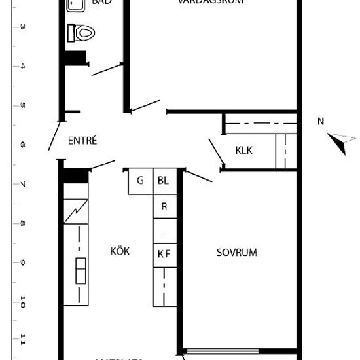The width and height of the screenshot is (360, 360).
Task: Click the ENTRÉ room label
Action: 82,140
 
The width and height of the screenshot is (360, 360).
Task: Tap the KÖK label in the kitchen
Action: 119,251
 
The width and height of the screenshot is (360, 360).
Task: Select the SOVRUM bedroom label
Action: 236,252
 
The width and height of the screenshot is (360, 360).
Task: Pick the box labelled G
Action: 140,181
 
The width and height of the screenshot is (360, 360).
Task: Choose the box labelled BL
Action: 162,181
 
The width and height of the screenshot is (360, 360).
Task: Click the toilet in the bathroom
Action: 83,32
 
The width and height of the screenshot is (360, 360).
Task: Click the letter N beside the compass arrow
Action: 321,120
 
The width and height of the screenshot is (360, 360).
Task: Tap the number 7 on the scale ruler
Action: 23,185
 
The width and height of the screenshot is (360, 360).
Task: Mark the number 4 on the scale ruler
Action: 23,66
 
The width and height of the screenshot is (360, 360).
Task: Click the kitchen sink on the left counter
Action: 81,270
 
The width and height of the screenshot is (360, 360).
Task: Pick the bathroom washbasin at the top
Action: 76,5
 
